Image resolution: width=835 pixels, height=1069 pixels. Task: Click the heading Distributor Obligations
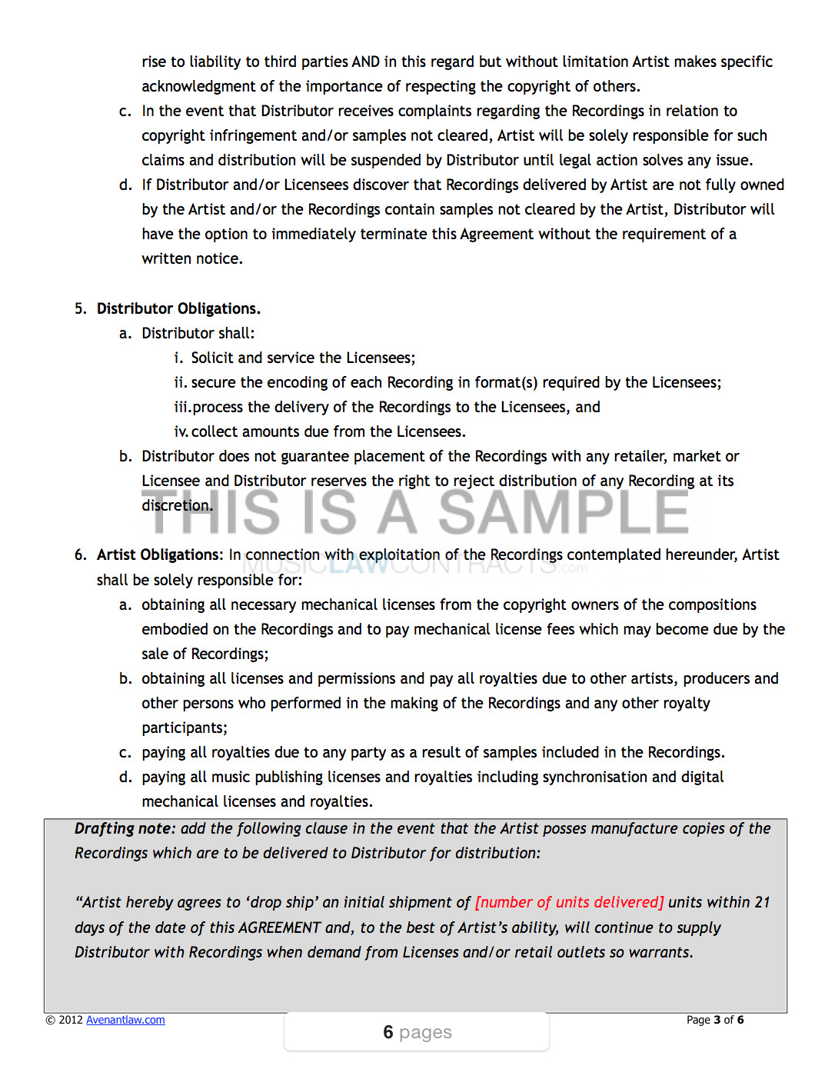(x=178, y=308)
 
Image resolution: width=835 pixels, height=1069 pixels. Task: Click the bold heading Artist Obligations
(x=159, y=554)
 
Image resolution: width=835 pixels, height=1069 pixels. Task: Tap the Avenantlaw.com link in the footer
(x=125, y=1020)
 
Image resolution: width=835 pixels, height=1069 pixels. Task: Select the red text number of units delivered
(x=569, y=902)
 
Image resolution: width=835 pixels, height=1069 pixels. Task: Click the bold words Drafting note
(x=125, y=828)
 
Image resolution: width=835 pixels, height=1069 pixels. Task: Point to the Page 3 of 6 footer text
(x=714, y=1020)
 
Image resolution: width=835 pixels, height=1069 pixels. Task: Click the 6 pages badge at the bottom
(x=417, y=1032)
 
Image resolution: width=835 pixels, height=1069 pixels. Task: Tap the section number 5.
(x=80, y=308)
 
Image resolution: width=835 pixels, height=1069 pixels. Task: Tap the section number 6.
(x=80, y=554)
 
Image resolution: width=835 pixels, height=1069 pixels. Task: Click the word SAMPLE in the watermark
(x=564, y=512)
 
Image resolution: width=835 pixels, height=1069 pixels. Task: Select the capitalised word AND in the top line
(x=366, y=62)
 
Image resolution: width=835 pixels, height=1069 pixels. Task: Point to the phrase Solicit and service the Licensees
(x=303, y=358)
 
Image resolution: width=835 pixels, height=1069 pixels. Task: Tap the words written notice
(x=191, y=258)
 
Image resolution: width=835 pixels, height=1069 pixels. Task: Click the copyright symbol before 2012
(x=51, y=1021)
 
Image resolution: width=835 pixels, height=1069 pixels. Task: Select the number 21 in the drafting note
(x=761, y=902)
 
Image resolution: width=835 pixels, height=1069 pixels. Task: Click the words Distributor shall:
(x=198, y=333)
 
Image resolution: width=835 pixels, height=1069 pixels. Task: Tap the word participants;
(x=185, y=728)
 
